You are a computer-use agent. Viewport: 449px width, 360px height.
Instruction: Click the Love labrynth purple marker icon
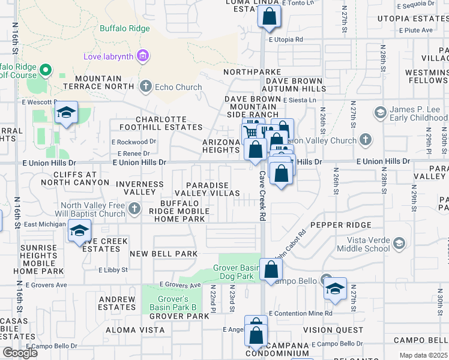tap(143, 57)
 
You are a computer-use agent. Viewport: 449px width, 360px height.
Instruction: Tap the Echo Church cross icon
tap(145, 87)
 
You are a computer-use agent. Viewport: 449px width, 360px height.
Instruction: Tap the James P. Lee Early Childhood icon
tap(380, 113)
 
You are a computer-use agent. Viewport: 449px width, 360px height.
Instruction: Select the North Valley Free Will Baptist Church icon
tap(134, 209)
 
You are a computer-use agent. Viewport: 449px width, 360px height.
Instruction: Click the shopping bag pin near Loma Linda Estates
tap(270, 17)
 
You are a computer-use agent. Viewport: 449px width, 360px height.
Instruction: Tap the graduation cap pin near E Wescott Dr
tap(65, 113)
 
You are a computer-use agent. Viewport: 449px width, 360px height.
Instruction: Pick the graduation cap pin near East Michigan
tap(79, 232)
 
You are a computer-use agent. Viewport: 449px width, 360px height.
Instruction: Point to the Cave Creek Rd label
tap(262, 196)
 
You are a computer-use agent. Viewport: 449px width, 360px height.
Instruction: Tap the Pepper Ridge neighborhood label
tap(337, 225)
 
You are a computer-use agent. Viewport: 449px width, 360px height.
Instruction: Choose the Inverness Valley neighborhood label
tap(140, 188)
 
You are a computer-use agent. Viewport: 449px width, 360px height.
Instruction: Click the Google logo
tap(20, 353)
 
